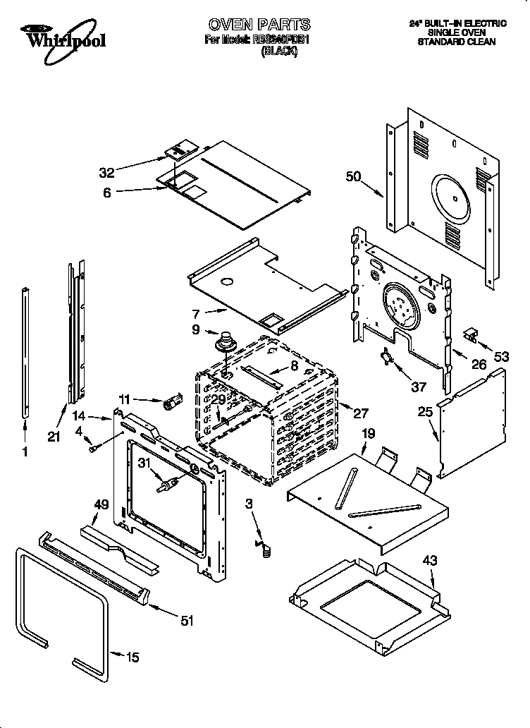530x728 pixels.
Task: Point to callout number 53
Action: tap(501, 357)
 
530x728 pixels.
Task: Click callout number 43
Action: tap(430, 561)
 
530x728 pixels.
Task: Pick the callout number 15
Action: tap(132, 657)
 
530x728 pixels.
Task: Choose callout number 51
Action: tap(186, 621)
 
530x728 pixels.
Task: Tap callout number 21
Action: tap(54, 437)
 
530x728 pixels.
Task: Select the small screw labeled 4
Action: tap(94, 447)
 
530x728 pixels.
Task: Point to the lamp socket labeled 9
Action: tap(228, 343)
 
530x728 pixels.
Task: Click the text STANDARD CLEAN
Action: tap(456, 42)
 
